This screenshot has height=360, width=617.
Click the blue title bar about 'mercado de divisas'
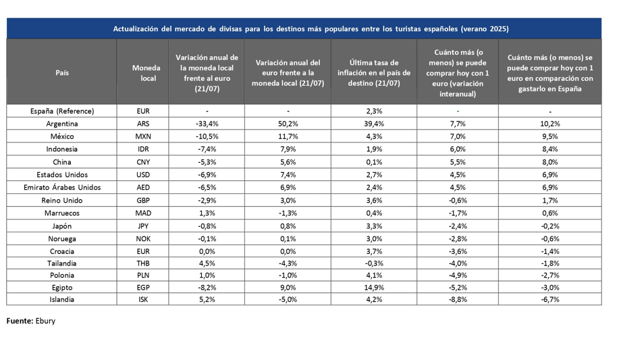(304, 28)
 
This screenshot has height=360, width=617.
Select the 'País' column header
(62, 73)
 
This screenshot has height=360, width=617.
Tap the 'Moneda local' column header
(146, 73)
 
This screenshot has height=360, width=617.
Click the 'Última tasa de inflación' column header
(374, 73)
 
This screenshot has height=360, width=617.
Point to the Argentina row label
(62, 124)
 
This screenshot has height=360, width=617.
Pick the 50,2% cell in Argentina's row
(288, 124)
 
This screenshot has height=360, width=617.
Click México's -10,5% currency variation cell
(207, 136)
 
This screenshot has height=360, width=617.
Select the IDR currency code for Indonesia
(143, 149)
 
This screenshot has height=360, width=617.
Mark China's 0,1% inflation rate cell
(374, 162)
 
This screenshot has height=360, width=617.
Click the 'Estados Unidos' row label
(62, 174)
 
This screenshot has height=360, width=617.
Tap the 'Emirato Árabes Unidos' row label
(62, 187)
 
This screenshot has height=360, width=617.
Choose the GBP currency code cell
(143, 200)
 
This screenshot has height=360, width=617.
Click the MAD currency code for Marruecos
(143, 213)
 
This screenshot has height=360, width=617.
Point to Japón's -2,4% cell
(458, 226)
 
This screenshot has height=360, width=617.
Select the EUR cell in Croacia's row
(143, 251)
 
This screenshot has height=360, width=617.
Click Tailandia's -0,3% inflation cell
(374, 263)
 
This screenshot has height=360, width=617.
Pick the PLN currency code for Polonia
(143, 275)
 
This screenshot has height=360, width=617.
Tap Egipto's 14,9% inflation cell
(374, 288)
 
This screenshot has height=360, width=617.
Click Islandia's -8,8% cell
(458, 299)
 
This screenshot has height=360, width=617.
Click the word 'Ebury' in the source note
(45, 321)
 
